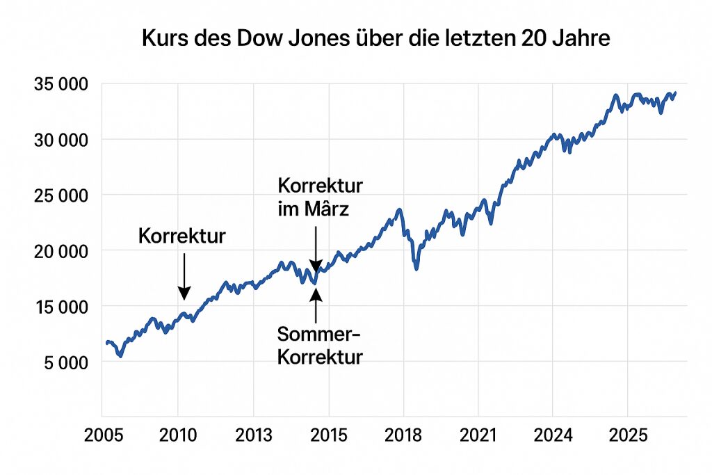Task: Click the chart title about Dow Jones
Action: [x=375, y=38]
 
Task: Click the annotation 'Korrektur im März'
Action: [x=320, y=197]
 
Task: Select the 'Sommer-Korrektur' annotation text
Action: [x=319, y=346]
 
